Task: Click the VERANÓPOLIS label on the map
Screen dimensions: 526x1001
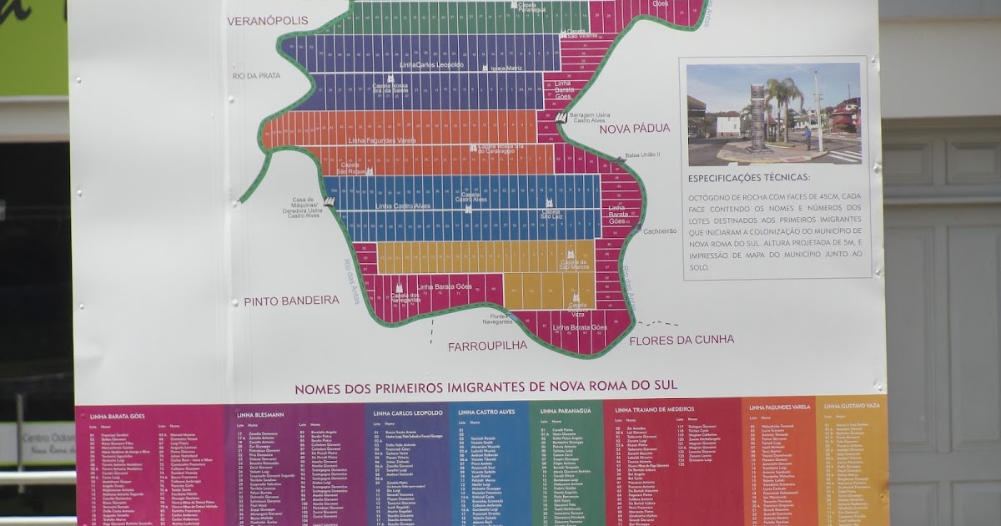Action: click(267, 20)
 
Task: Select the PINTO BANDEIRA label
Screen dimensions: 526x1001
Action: click(292, 300)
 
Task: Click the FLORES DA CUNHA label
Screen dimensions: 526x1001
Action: click(682, 340)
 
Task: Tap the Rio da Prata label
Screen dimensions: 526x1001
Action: click(257, 75)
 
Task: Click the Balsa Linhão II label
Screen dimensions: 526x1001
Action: click(642, 154)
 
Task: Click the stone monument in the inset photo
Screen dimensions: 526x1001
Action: click(757, 117)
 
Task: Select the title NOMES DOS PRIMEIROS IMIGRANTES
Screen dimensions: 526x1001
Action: click(485, 387)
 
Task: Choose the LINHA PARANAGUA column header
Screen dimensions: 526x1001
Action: click(565, 411)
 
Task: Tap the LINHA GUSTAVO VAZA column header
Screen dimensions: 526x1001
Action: click(853, 407)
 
